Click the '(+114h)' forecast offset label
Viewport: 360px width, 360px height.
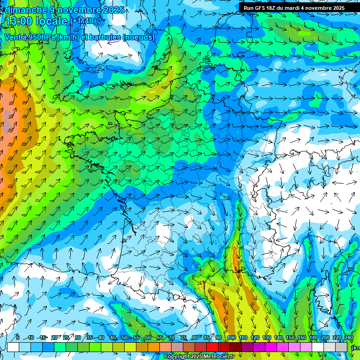coord(83,22)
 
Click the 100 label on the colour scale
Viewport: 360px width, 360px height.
coord(232,338)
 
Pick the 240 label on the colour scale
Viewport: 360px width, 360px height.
coord(348,338)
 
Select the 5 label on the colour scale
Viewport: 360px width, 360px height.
coord(17,338)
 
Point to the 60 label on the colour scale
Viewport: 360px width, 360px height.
coord(148,338)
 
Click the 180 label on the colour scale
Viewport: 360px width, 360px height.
coord(313,338)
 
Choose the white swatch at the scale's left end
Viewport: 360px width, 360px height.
coord(13,347)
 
